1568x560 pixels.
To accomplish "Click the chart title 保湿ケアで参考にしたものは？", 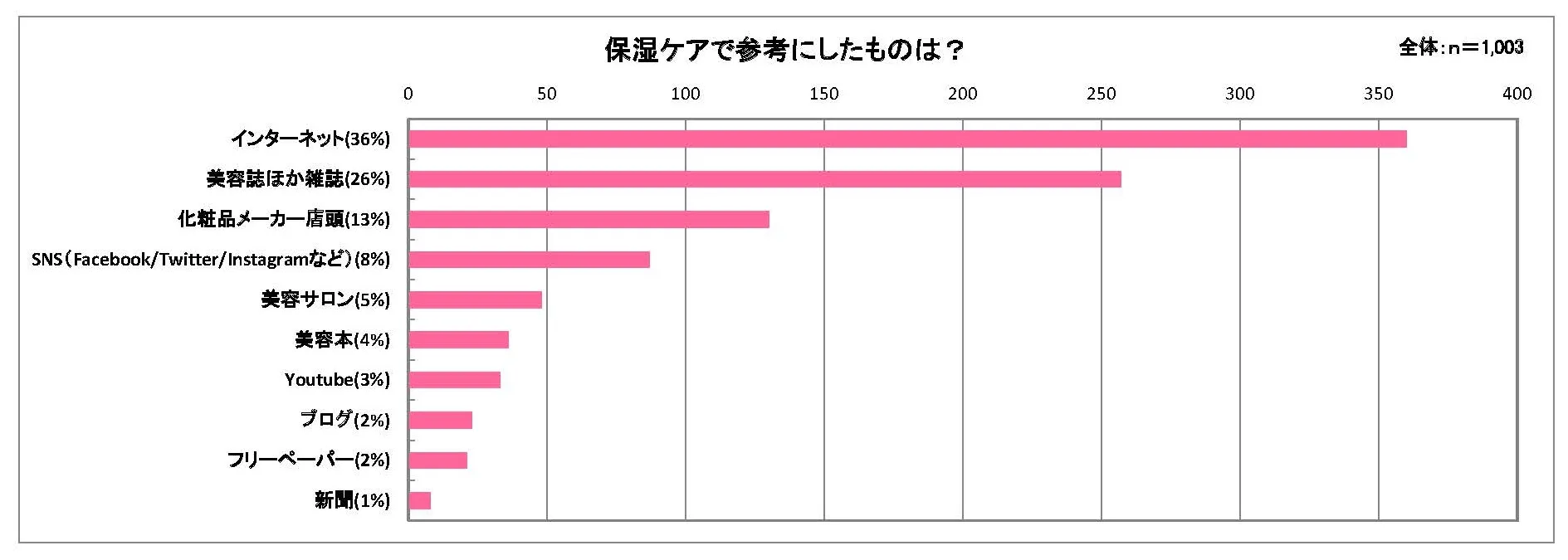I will [784, 51].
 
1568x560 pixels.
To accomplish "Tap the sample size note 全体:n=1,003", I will [1461, 47].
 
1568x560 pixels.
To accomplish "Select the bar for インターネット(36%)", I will [907, 139].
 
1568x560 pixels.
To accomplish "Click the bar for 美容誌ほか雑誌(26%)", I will [764, 179].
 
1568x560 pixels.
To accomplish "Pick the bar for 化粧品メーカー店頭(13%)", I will [589, 219].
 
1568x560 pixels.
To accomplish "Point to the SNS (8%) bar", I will [529, 260].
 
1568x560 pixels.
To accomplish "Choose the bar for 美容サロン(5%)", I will [475, 299].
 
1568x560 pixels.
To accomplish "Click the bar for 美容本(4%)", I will [458, 339].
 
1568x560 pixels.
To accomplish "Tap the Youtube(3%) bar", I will [454, 380].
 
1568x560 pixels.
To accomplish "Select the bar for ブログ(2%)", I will [440, 420].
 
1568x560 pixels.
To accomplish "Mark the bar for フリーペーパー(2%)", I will [437, 460].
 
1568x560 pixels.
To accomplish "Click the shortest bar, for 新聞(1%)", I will [419, 500].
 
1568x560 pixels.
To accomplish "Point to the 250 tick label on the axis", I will [1101, 94].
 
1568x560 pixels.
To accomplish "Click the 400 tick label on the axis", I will [1517, 94].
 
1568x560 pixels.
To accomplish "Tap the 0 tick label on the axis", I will [408, 94].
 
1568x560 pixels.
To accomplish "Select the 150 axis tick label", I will [823, 94].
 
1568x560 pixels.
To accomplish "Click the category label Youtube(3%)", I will [337, 380].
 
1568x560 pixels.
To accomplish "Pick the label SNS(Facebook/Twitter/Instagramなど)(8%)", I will [211, 260].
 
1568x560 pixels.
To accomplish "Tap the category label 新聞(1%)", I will [352, 500].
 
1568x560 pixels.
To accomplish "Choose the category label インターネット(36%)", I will [310, 139].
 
